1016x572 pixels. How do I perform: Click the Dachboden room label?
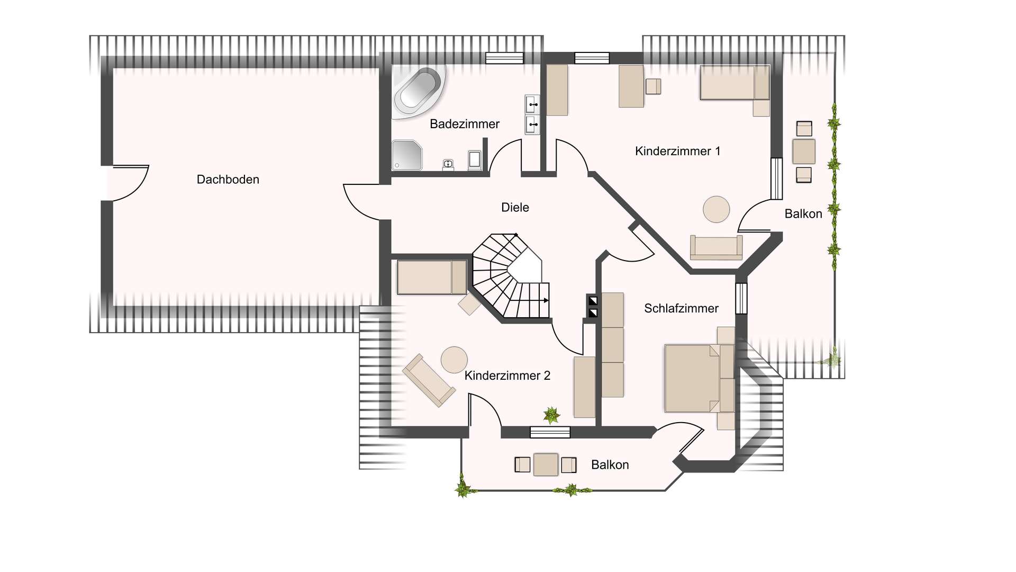228,180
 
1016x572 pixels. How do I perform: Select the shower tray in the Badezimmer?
406,155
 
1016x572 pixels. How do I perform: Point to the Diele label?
515,208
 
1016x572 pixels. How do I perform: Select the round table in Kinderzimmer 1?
716,209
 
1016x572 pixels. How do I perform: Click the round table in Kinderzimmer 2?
454,360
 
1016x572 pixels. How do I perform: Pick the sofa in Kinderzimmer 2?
429,380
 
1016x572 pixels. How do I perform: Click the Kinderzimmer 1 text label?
677,151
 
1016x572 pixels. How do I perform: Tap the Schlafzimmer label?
681,308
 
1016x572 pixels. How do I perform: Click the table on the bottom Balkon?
546,464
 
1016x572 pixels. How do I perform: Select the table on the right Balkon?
803,151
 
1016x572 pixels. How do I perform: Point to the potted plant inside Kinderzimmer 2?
551,415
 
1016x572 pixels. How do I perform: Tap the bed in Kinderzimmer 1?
734,83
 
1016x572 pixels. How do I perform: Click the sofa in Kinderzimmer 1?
716,247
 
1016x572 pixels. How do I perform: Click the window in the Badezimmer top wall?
504,58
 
